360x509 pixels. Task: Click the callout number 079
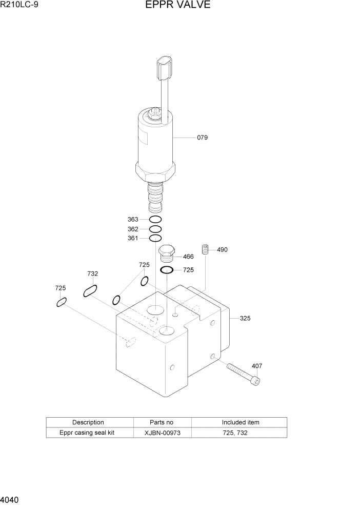[202, 138]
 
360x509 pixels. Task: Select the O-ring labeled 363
[155, 220]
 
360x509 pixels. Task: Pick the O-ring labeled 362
[155, 229]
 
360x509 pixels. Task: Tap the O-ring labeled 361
[155, 238]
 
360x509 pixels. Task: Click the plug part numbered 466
[167, 254]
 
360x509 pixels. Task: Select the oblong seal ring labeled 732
[90, 291]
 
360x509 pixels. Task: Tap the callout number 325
[245, 318]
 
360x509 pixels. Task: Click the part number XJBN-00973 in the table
[162, 433]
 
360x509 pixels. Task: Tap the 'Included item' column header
[240, 422]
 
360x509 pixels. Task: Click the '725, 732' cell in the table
[240, 433]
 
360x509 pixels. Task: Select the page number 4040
[11, 499]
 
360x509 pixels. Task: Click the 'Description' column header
[88, 422]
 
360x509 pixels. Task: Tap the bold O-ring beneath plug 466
[167, 270]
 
